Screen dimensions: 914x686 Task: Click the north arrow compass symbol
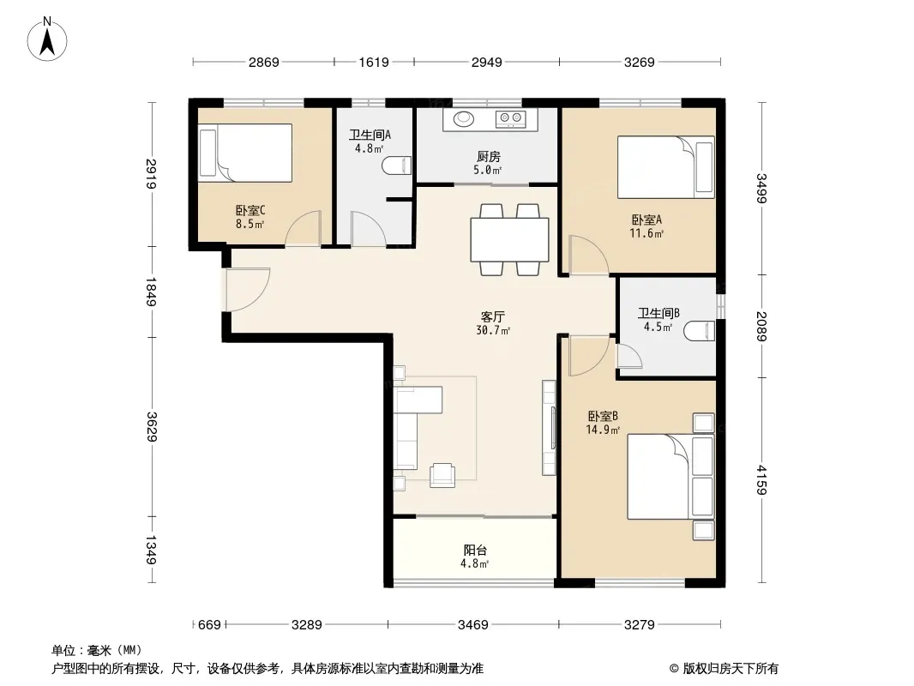[x=47, y=39]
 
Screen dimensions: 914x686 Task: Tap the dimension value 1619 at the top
[x=374, y=62]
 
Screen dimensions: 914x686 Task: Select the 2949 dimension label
[x=487, y=62]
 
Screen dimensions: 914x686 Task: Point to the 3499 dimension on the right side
[x=761, y=189]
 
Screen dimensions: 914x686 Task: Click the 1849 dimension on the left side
[x=151, y=292]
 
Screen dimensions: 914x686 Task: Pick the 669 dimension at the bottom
[x=209, y=625]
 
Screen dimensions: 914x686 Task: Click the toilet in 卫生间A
[x=397, y=165]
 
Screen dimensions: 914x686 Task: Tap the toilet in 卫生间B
[x=700, y=331]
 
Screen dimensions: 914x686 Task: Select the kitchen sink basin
[x=465, y=118]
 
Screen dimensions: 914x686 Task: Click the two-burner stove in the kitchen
[x=511, y=119]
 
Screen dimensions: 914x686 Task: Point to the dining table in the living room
[x=509, y=239]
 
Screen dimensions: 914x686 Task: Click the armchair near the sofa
[x=442, y=475]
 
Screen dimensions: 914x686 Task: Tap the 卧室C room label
[x=250, y=210]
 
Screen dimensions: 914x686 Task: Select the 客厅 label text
[x=492, y=316]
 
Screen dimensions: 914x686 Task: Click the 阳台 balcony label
[x=475, y=550]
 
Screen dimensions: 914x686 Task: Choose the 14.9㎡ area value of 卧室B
[x=603, y=430]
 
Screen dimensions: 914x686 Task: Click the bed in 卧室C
[x=245, y=153]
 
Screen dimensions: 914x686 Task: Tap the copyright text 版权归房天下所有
[x=731, y=669]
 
